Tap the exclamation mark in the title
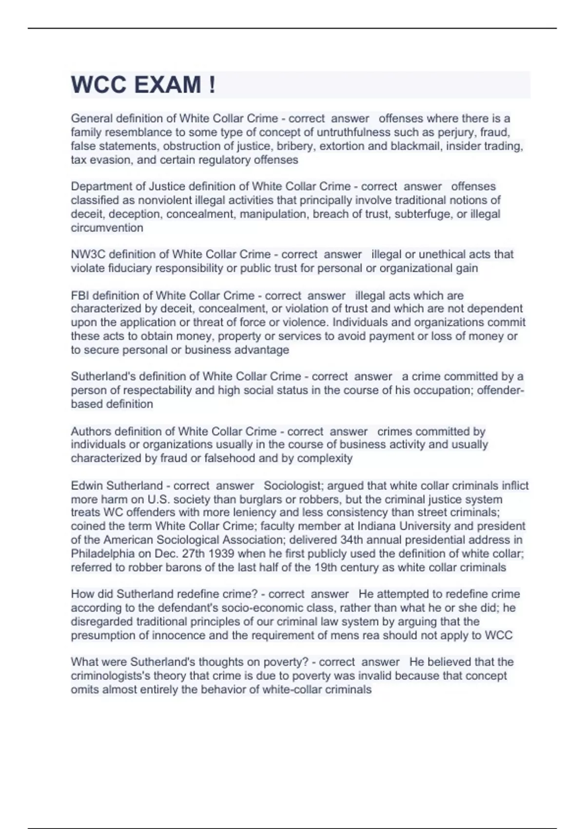click(212, 85)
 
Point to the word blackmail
click(415, 146)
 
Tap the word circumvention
click(107, 228)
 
